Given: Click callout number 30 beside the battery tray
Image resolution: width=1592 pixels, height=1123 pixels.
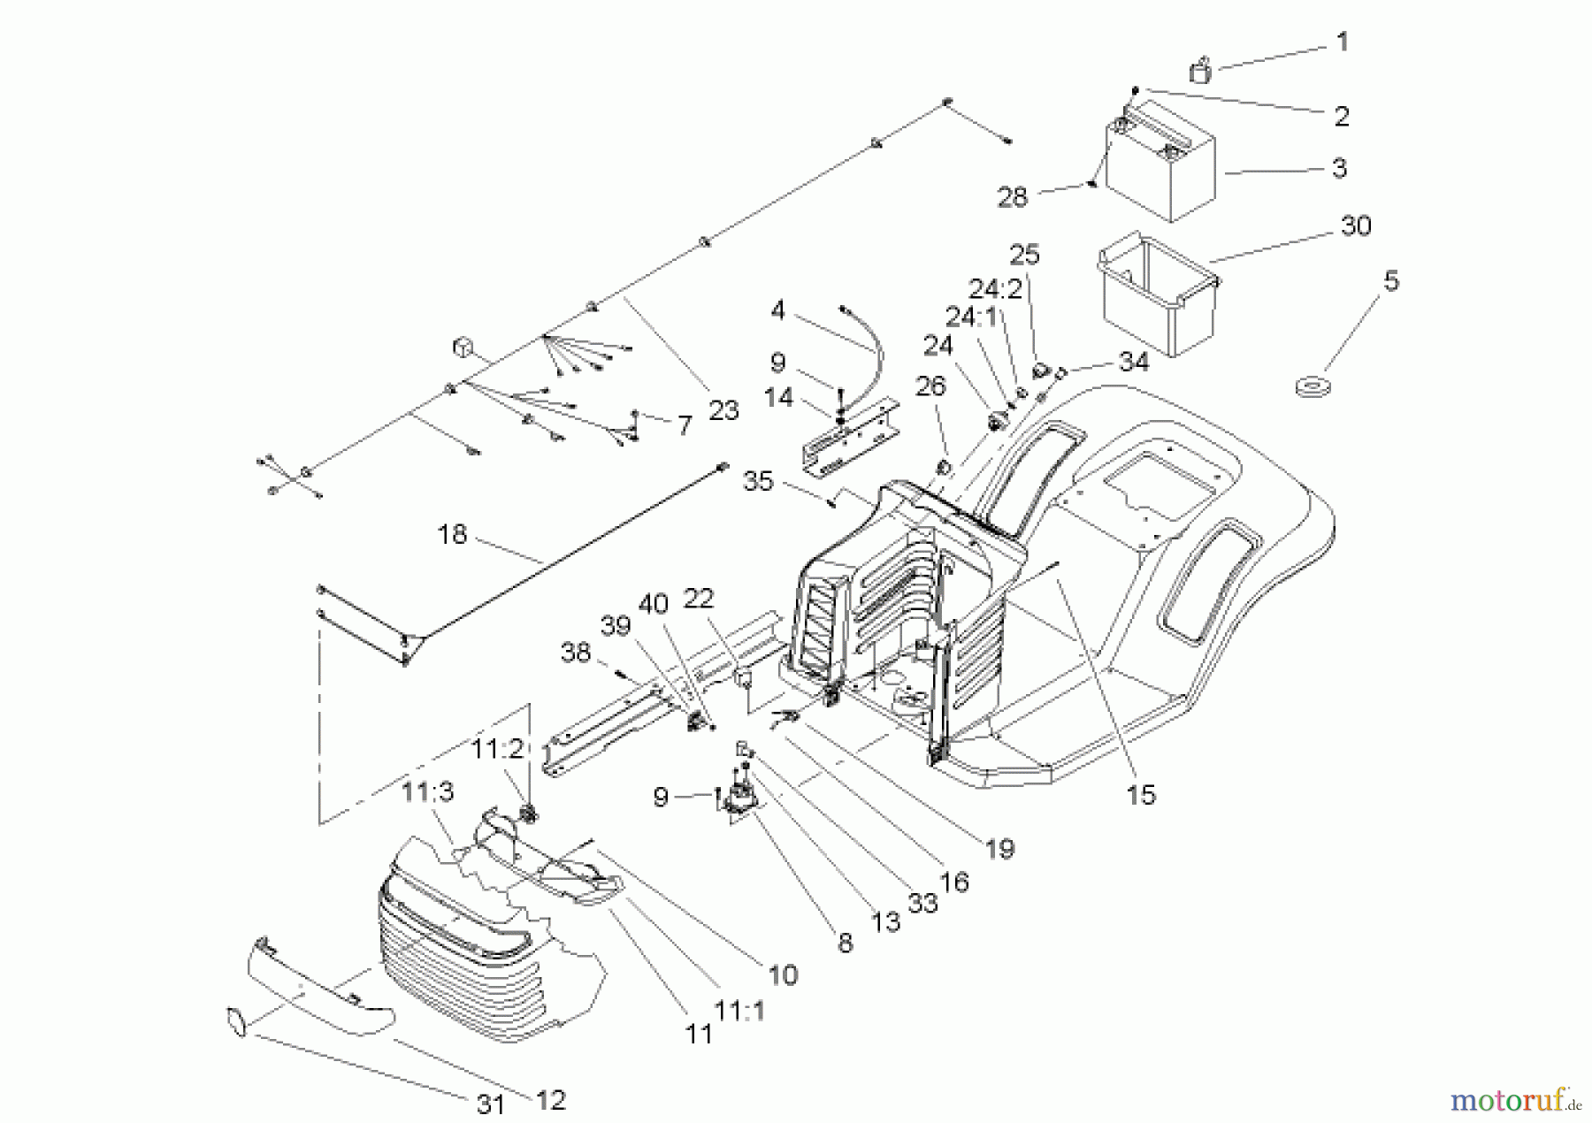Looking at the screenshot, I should point(1356,226).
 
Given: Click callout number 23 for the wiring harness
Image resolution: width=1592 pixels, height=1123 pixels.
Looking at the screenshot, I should point(723,411).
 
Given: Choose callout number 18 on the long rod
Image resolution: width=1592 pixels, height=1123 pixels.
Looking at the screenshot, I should point(452,535).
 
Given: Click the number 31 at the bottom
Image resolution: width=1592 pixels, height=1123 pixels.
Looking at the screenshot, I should point(490,1104).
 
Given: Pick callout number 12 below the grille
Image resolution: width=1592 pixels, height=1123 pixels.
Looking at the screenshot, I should point(550,1099).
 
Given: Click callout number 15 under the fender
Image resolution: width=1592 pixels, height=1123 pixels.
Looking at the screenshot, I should point(1141,794).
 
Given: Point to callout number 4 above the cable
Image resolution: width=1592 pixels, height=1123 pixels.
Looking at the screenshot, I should point(777,310).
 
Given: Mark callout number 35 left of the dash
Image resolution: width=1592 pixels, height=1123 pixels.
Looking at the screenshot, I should point(758,482).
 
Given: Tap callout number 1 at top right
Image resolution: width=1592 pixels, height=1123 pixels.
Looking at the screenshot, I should point(1342,42).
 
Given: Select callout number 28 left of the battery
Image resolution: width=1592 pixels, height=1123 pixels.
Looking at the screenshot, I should point(1013,196).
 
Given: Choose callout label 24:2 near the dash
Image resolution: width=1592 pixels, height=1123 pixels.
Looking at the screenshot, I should point(995,289).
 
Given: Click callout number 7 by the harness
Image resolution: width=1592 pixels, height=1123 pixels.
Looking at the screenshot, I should point(684,426).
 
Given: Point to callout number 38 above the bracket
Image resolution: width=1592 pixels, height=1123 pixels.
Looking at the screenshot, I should point(576,653).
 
